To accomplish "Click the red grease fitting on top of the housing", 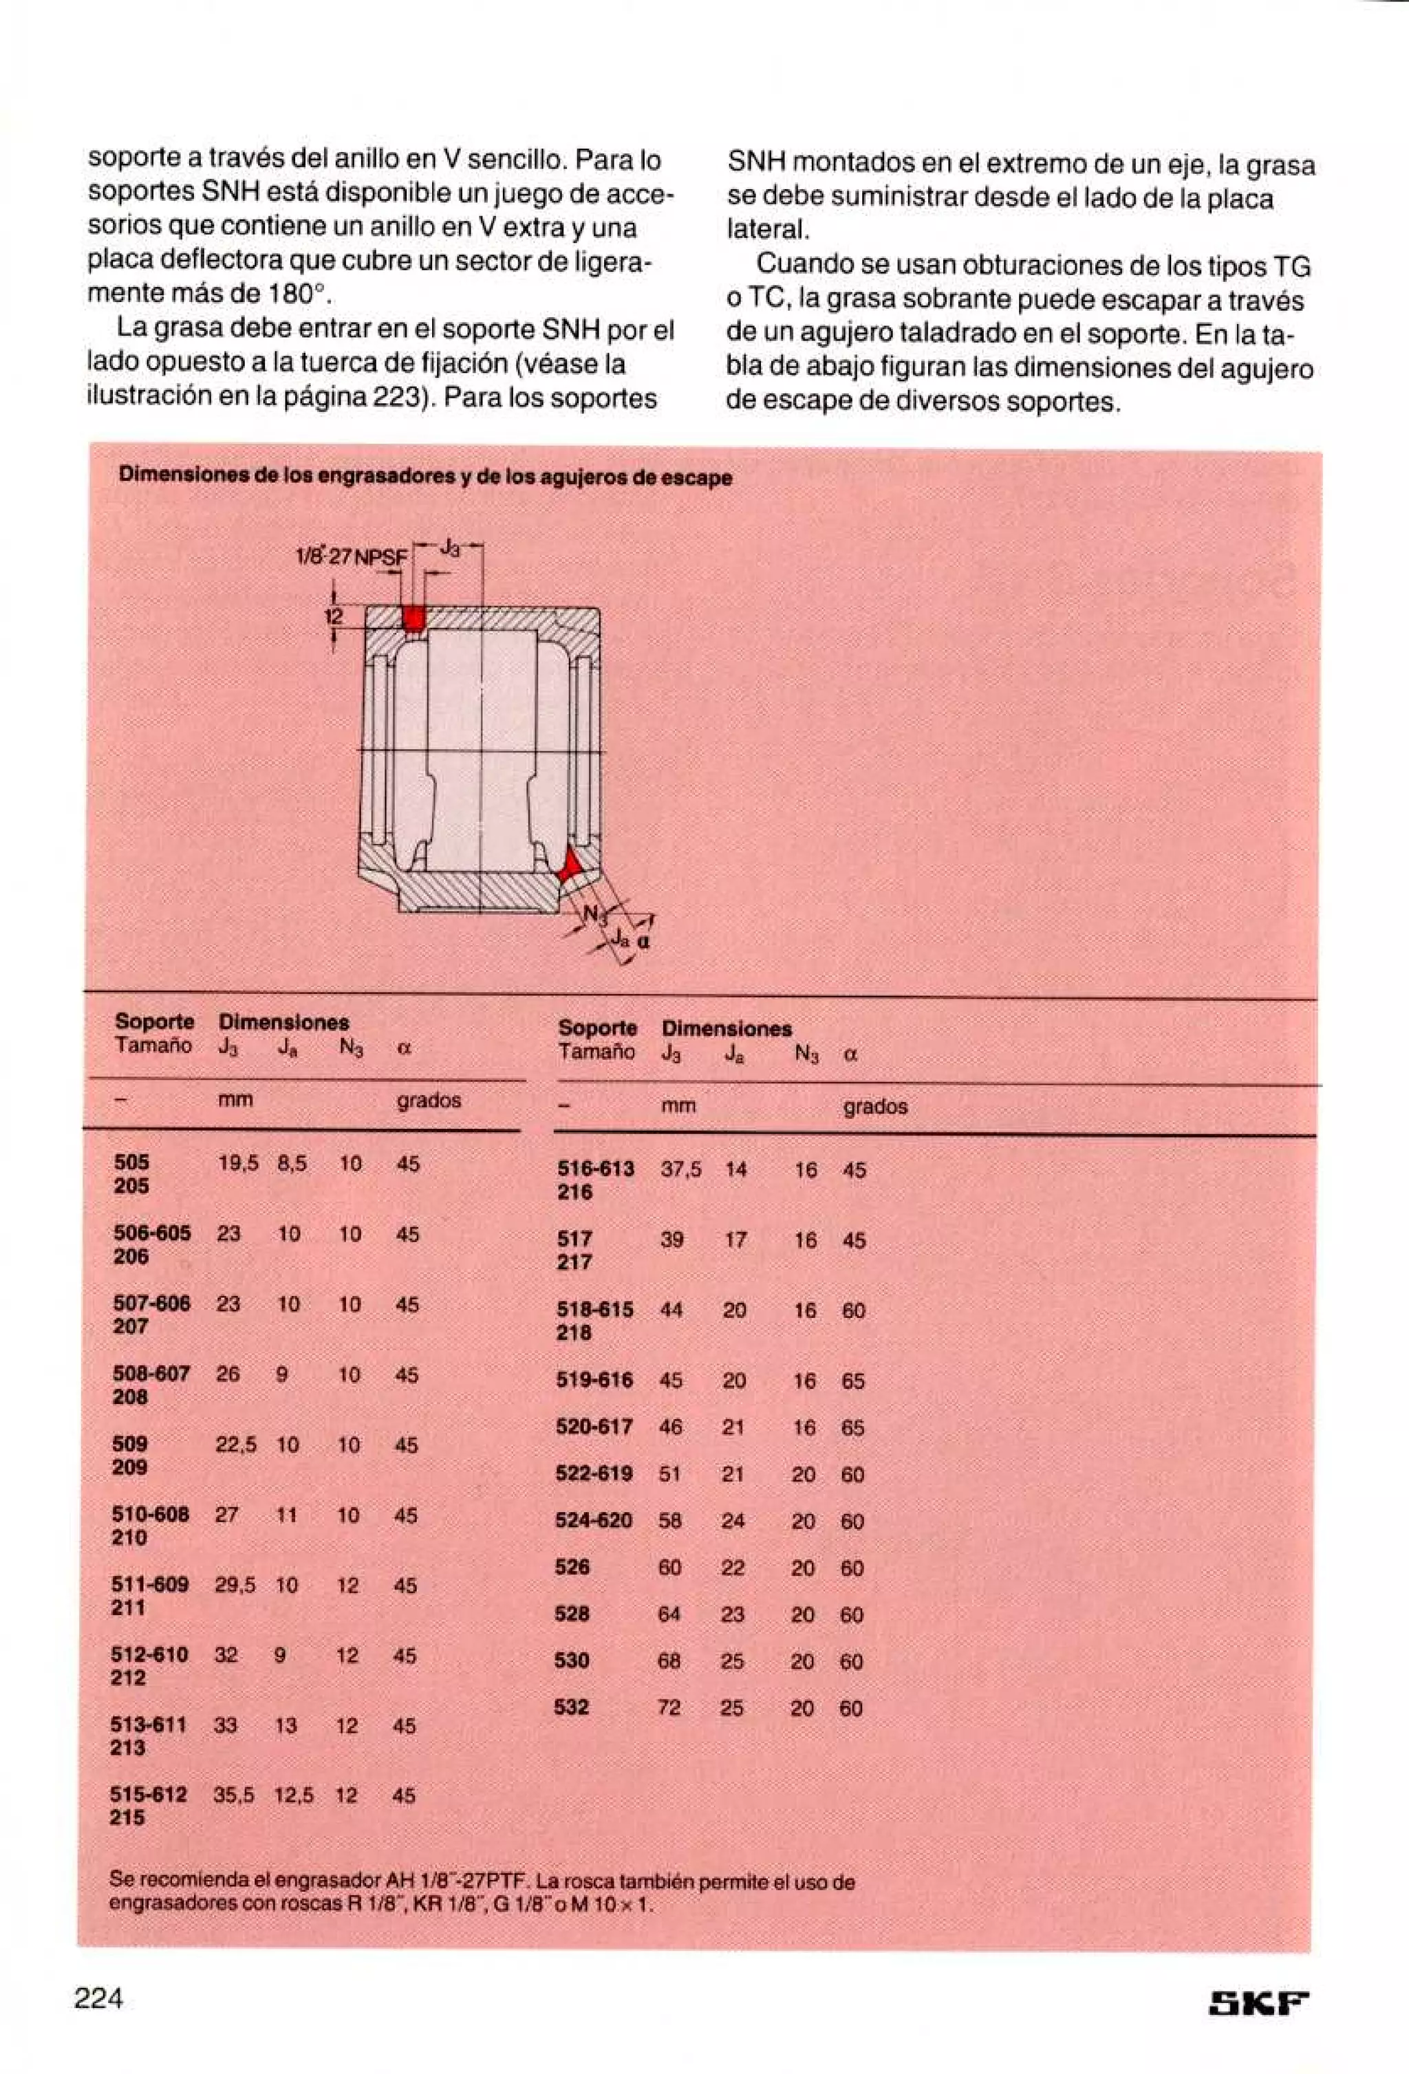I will click(411, 618).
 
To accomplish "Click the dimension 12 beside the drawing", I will click(333, 616).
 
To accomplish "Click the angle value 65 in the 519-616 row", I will click(852, 1381).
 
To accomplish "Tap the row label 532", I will click(571, 1706).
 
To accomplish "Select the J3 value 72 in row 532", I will click(669, 1707).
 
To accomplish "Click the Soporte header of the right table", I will click(597, 1028).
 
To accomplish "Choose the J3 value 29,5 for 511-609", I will click(235, 1584).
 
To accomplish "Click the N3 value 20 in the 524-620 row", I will click(802, 1521).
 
